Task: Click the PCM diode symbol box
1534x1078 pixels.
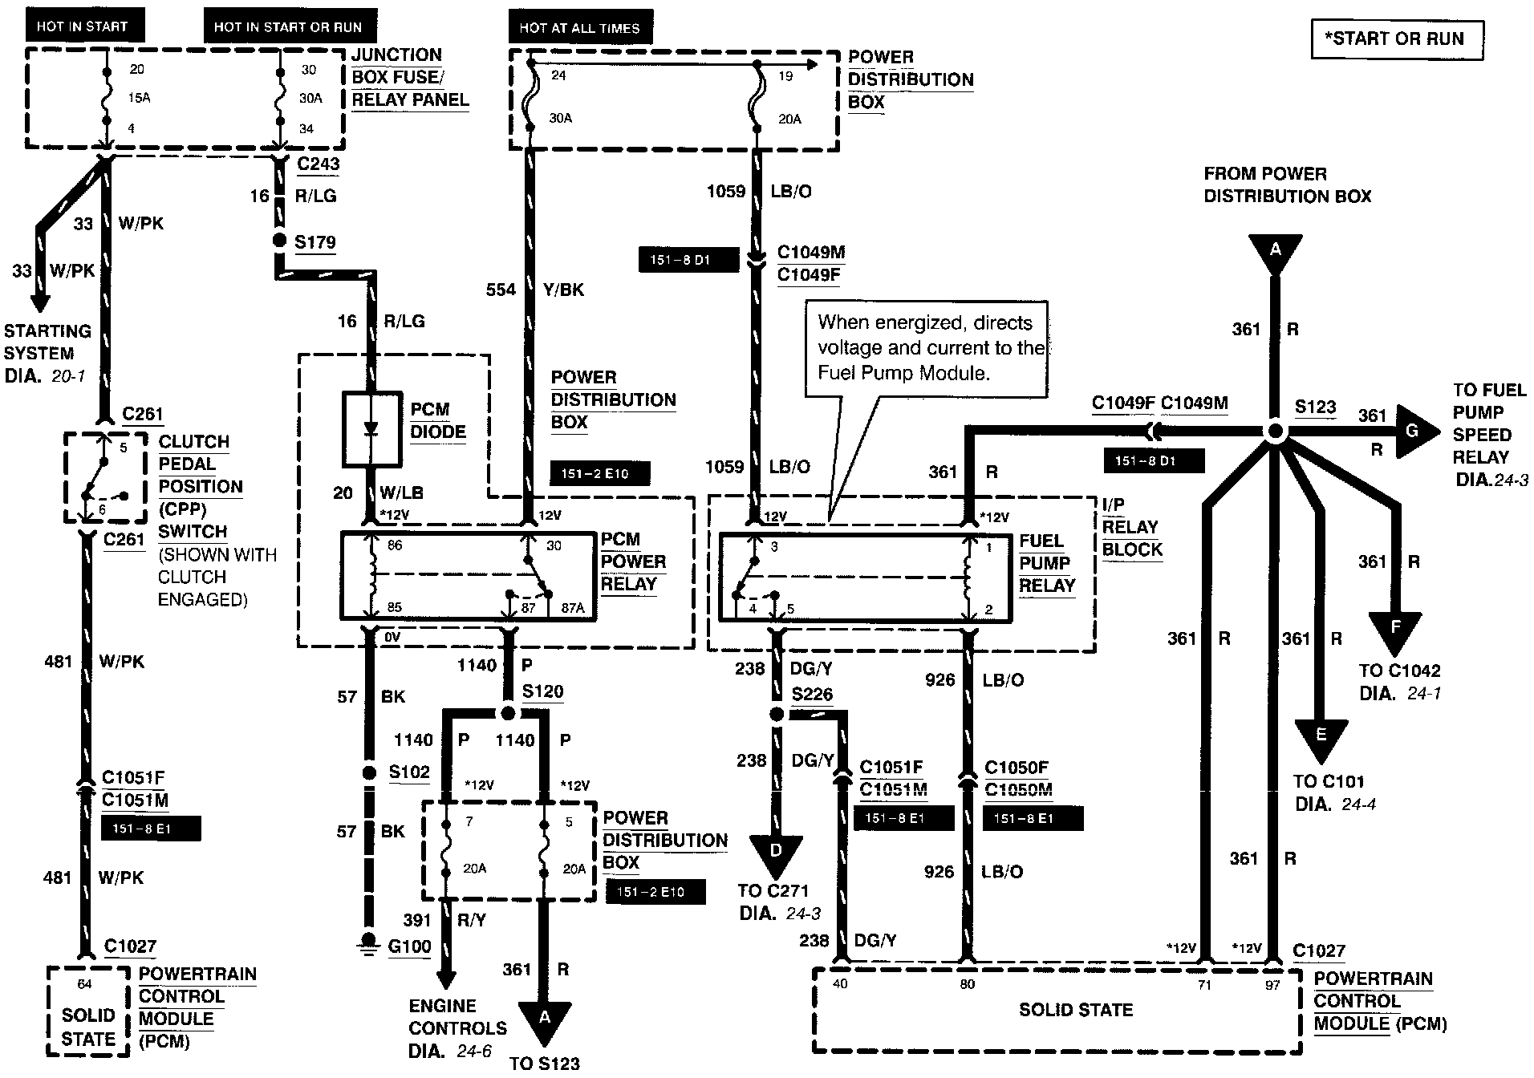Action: [371, 429]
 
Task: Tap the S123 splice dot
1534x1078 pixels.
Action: [1275, 432]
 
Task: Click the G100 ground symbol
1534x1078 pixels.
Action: [369, 944]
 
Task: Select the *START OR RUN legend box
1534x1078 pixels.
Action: [1397, 39]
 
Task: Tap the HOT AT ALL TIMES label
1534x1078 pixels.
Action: [579, 28]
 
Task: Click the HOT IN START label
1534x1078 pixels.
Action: [83, 26]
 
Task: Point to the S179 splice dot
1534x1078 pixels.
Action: [280, 241]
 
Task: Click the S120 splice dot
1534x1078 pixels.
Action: [507, 712]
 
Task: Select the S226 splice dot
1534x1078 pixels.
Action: [776, 714]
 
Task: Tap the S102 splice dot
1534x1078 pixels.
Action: [369, 772]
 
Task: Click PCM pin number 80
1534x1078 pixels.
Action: [968, 984]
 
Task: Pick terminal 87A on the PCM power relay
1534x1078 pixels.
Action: [573, 608]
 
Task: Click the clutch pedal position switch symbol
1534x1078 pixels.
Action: [104, 477]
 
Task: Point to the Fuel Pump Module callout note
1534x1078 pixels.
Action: [926, 348]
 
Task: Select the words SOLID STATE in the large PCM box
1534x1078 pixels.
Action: [1075, 1010]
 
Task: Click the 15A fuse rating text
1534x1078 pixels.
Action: [140, 98]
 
